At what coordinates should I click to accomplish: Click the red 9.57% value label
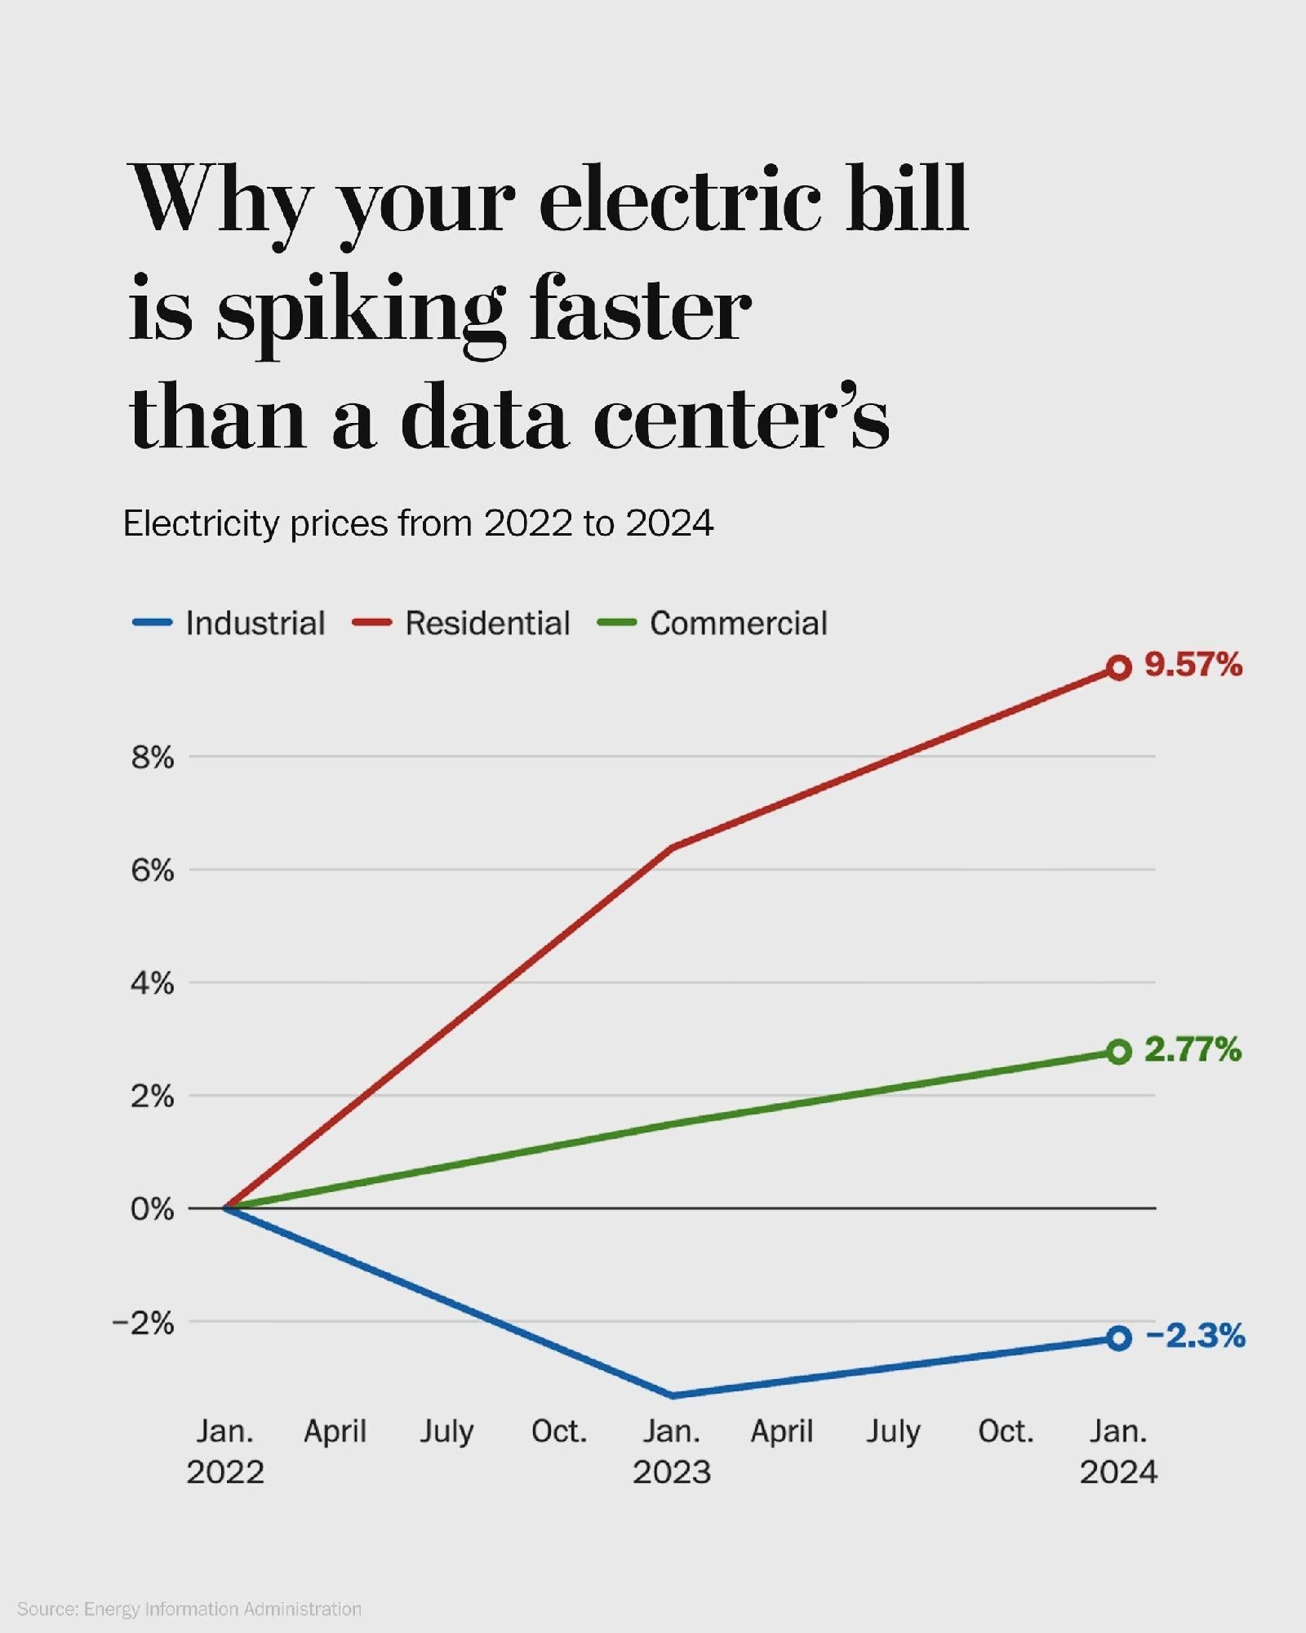click(x=1193, y=665)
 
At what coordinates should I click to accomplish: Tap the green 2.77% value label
click(x=1193, y=1049)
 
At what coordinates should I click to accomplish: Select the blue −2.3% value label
click(x=1195, y=1336)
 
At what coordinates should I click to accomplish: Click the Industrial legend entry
click(x=229, y=623)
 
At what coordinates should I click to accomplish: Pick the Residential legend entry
click(x=461, y=623)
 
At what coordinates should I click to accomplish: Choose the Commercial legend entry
click(x=713, y=623)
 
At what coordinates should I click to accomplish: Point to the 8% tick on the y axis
click(x=153, y=758)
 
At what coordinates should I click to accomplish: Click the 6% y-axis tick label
click(x=153, y=871)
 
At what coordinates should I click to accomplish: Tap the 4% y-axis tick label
click(x=153, y=984)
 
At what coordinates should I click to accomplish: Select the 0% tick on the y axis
click(x=153, y=1209)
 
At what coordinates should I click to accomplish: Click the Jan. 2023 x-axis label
click(x=672, y=1451)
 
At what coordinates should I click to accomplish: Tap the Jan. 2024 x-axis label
click(x=1118, y=1451)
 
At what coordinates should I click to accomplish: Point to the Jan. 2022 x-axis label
click(x=225, y=1451)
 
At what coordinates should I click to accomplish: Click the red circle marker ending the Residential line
click(x=1118, y=668)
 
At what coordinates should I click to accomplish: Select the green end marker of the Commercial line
click(x=1118, y=1052)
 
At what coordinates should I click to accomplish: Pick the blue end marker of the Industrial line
click(x=1118, y=1338)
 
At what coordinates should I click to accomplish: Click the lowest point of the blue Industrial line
click(x=672, y=1395)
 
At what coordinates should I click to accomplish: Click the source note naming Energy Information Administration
click(x=189, y=1609)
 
